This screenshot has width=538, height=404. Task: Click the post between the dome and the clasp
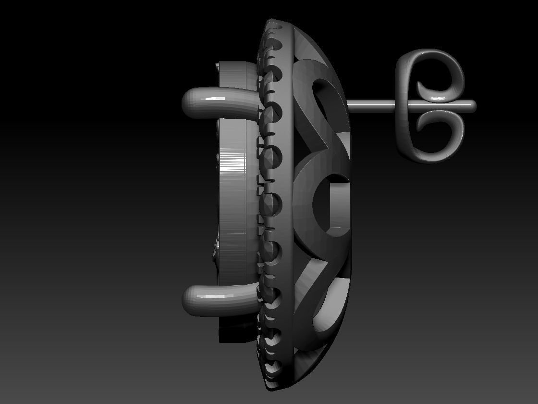pos(370,104)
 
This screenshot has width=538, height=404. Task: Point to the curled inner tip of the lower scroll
pos(423,123)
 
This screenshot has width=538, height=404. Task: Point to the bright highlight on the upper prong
pos(211,100)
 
